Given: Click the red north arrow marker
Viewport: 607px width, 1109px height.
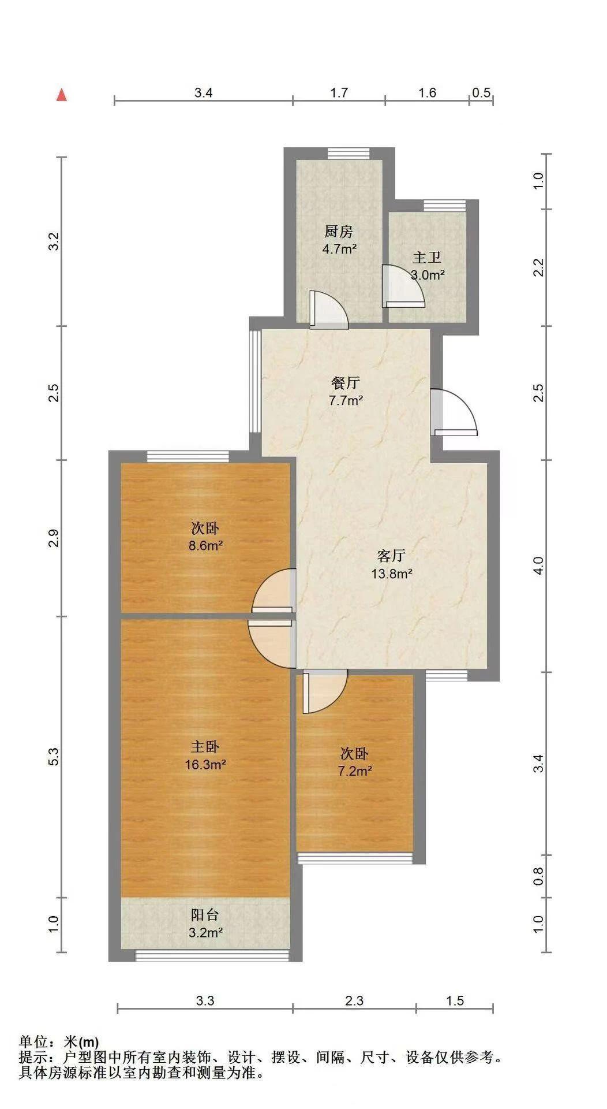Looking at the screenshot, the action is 62,95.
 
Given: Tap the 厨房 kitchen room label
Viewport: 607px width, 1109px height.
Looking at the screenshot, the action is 338,232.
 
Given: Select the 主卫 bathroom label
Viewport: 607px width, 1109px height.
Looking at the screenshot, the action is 427,258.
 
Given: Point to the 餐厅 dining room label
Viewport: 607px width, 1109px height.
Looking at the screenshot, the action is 346,382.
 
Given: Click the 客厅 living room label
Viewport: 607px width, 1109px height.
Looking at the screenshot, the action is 391,556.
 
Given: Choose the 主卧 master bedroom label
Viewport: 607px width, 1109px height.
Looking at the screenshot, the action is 205,747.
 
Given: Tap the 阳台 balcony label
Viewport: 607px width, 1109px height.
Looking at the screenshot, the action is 205,914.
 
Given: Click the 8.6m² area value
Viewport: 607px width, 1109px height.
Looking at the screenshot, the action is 206,545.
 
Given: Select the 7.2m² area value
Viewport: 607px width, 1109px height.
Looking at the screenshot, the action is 354,771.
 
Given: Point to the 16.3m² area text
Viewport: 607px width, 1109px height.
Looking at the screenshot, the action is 205,765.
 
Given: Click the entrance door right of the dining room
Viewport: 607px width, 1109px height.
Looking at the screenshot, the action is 455,413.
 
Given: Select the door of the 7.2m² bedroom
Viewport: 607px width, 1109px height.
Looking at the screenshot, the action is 324,691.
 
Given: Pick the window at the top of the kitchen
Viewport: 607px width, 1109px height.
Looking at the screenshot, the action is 348,153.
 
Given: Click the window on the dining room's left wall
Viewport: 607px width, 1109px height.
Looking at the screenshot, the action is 255,381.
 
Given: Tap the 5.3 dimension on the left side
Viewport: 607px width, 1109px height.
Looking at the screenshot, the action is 53,756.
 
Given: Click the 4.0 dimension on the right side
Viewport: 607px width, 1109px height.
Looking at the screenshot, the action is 538,565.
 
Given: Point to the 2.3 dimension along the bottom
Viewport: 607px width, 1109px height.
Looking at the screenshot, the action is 354,1000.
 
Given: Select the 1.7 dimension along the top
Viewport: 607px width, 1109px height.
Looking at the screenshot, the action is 339,92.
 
